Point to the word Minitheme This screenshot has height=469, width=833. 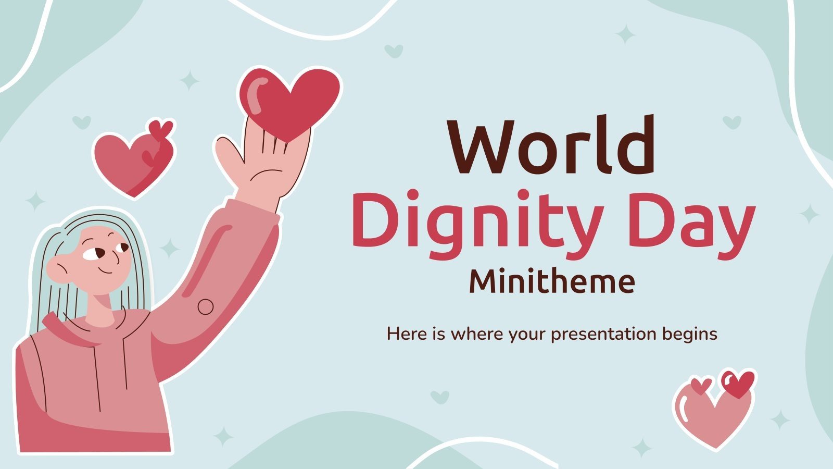click(552, 281)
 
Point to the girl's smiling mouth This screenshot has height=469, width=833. click(107, 270)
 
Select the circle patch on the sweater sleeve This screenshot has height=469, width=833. click(206, 306)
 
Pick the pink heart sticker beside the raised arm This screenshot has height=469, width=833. click(133, 162)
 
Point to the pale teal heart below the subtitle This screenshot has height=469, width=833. click(440, 397)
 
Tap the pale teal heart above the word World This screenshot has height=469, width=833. click(394, 51)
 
